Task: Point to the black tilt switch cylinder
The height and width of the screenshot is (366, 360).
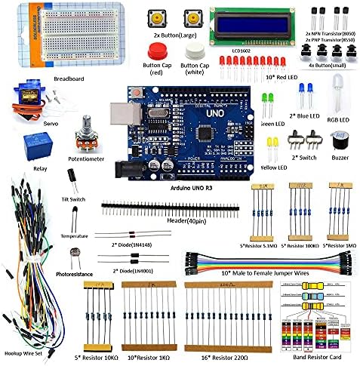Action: point(71,178)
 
